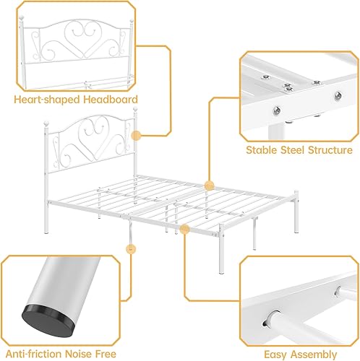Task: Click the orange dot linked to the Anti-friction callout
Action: [x=131, y=249]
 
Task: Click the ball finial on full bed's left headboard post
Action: [x=52, y=123]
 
